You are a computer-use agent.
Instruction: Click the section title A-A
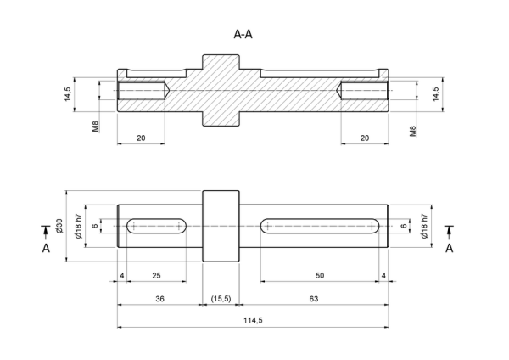(243, 34)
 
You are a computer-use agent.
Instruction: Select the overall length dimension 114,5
(253, 320)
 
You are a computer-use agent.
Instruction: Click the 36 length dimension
(159, 299)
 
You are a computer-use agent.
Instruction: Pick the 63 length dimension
(314, 299)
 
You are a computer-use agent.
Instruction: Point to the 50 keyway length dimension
(320, 276)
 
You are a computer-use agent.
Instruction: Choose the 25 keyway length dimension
(156, 276)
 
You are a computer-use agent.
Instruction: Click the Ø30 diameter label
(59, 226)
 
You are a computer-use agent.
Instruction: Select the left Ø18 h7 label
(78, 226)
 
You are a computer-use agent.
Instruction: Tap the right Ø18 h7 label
(424, 226)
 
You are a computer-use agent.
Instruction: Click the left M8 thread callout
(95, 127)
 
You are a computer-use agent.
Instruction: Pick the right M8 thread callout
(412, 131)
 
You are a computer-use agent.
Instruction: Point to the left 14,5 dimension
(68, 94)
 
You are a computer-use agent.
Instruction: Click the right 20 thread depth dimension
(365, 138)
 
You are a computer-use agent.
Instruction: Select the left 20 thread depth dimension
(141, 138)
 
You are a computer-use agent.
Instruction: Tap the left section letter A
(46, 248)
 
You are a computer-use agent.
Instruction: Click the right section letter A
(450, 248)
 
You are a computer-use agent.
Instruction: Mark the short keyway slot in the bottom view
(156, 226)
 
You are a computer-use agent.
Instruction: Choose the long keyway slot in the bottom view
(320, 226)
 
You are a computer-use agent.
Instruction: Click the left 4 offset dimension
(121, 276)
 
